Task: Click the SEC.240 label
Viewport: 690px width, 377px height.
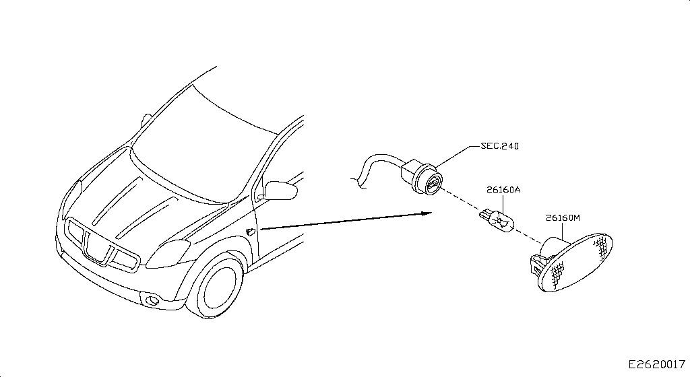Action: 499,146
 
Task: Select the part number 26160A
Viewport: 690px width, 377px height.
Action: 503,190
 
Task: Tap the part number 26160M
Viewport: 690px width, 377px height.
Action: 563,217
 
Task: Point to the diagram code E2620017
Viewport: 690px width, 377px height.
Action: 656,364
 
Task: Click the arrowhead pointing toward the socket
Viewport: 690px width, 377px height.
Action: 427,213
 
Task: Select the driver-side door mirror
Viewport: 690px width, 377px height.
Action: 280,191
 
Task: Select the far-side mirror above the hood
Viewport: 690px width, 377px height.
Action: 146,120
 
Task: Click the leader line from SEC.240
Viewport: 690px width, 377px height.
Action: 458,156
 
